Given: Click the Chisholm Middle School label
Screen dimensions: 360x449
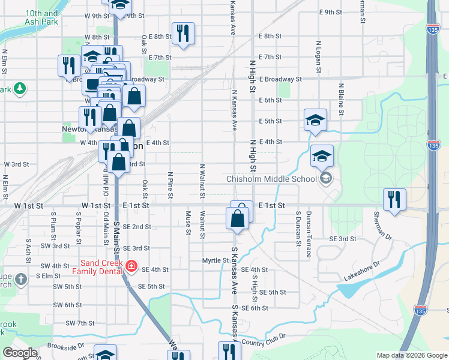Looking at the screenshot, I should pos(271,179).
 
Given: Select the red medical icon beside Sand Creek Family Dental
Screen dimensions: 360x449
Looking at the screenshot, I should pos(131,265).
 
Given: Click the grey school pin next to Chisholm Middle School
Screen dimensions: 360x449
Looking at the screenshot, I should pos(326,178).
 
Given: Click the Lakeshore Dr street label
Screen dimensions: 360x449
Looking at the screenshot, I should pos(362,271).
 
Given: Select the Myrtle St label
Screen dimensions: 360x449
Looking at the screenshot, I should pos(215,260).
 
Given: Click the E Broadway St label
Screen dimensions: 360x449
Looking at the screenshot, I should pos(280,79).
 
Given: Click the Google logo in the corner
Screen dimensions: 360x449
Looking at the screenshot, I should pos(20,353).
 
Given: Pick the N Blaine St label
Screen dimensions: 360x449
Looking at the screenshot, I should pos(341,98).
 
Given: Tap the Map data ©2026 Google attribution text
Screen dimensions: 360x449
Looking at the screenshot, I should pos(411,355).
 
